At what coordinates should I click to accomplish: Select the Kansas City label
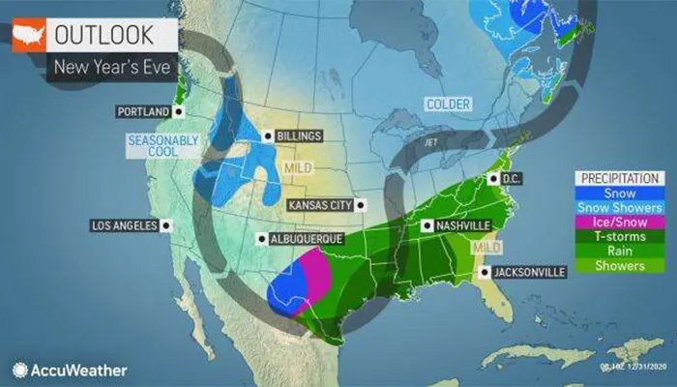321,205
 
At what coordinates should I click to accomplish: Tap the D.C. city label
512,179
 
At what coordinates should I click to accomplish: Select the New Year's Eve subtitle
104,68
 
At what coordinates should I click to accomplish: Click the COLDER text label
446,104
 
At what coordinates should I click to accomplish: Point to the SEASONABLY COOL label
162,146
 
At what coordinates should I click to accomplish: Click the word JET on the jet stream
431,142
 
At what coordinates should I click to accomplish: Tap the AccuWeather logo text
79,370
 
